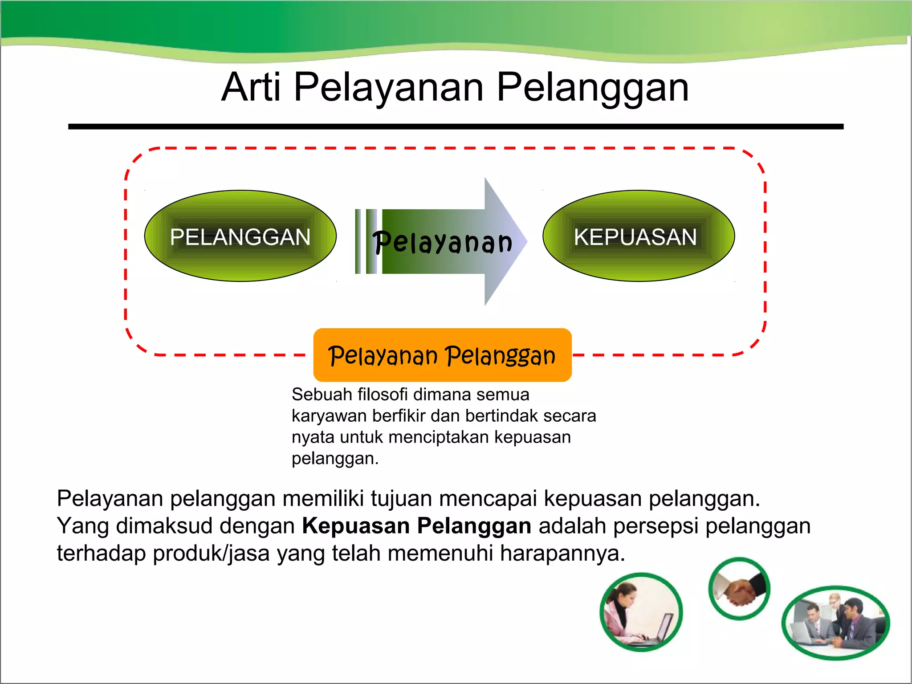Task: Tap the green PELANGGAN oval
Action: click(240, 236)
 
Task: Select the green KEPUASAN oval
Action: click(638, 236)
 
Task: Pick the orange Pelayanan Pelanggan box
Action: click(442, 355)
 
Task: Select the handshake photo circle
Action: click(739, 589)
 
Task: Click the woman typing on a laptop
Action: click(641, 613)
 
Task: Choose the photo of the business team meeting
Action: click(835, 623)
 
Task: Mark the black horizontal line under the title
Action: click(456, 127)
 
